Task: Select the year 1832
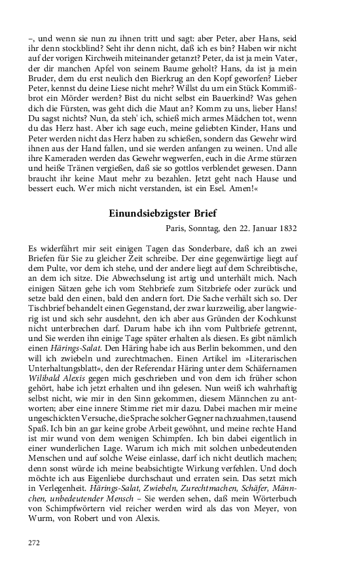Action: click(287, 228)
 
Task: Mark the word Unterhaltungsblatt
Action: click(67, 377)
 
